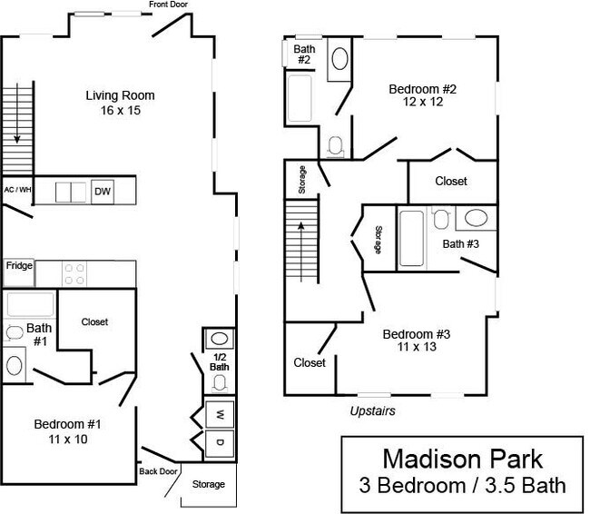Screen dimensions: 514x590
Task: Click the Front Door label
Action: (169, 5)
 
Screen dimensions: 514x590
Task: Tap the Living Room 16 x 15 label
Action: (120, 103)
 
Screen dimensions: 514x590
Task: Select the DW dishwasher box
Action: (103, 192)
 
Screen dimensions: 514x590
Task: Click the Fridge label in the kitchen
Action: (20, 266)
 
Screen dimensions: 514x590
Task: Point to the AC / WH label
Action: (17, 190)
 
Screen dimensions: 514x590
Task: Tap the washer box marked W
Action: (220, 414)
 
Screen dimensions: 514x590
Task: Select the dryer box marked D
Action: (220, 443)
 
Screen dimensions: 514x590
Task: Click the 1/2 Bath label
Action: (220, 361)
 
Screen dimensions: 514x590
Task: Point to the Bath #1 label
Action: (38, 333)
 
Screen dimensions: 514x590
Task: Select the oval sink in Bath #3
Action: (475, 218)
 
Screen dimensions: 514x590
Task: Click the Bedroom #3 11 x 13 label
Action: (416, 340)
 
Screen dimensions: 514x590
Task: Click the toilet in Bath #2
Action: (334, 145)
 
